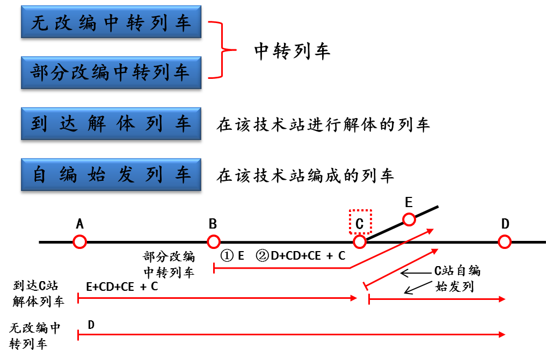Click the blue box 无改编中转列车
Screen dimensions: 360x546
point(111,24)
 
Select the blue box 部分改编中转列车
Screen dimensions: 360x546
point(111,73)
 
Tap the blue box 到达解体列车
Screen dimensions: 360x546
point(111,124)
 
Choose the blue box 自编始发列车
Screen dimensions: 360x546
point(111,175)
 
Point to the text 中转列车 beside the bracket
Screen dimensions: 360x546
point(292,51)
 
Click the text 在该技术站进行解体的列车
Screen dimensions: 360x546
point(323,125)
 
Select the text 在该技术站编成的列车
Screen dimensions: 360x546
point(305,175)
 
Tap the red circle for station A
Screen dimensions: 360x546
point(80,242)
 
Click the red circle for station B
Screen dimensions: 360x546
point(214,242)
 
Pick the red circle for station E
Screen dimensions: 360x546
point(409,219)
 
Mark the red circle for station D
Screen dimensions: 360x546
point(505,242)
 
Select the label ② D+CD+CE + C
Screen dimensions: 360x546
point(301,256)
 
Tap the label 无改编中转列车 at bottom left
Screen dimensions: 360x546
point(34,336)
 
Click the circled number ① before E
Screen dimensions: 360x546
point(227,256)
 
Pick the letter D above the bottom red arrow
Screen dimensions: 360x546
point(91,324)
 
